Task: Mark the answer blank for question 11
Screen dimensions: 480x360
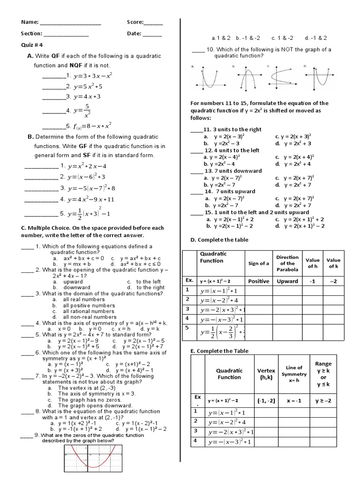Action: point(196,130)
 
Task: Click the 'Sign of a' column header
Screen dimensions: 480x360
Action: point(258,263)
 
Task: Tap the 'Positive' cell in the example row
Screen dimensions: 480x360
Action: point(258,281)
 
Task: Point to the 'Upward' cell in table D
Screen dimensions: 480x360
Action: point(287,281)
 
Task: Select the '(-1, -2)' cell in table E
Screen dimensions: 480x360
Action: point(266,400)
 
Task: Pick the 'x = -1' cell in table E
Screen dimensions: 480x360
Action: point(294,400)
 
